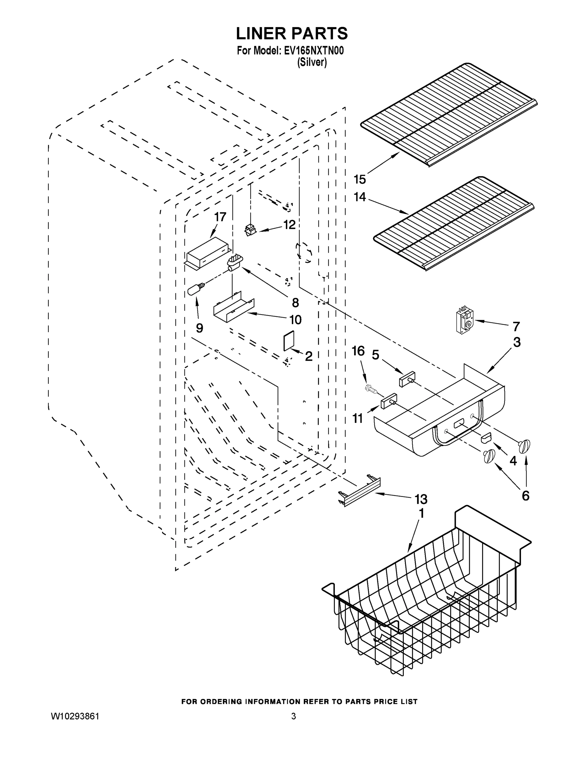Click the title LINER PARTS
(292, 34)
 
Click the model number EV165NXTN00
(314, 51)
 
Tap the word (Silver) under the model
(312, 63)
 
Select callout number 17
(220, 217)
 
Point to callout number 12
(289, 225)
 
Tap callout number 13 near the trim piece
(421, 499)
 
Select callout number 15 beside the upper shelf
(359, 179)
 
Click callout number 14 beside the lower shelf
(359, 197)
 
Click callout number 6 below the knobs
(526, 496)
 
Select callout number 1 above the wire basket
(421, 513)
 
